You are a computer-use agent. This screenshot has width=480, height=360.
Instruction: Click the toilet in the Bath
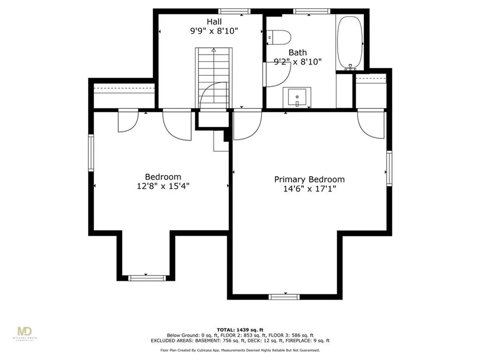click(278, 37)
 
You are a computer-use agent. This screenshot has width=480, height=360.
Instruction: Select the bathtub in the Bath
click(350, 43)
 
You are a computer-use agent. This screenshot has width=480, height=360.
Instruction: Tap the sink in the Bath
click(297, 97)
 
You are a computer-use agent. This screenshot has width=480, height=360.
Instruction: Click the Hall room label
click(214, 22)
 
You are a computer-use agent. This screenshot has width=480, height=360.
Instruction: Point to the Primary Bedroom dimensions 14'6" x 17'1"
click(309, 189)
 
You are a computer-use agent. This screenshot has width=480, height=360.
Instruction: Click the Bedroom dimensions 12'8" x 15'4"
click(163, 186)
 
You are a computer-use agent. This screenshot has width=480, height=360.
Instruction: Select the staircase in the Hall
click(214, 78)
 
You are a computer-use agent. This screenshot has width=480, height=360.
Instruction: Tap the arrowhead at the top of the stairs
click(214, 50)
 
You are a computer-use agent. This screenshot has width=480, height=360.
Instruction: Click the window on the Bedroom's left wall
click(91, 153)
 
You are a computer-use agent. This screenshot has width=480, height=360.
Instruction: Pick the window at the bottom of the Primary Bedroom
click(284, 297)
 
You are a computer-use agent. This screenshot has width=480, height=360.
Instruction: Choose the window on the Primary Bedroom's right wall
click(389, 168)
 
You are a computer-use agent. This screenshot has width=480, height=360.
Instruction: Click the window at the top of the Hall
click(234, 12)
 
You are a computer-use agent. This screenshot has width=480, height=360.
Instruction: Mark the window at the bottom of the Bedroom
click(147, 278)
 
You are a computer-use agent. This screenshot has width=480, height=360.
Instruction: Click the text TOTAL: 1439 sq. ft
click(240, 330)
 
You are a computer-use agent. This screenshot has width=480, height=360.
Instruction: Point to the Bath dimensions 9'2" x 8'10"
click(298, 62)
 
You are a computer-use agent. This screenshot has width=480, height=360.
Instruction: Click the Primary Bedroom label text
click(309, 180)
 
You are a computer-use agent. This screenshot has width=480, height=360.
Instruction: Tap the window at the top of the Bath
click(312, 12)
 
